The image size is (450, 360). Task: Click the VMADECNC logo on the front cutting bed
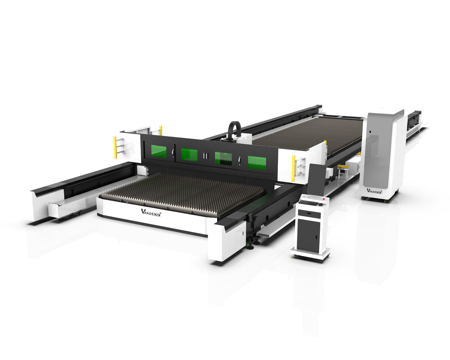(x=151, y=213)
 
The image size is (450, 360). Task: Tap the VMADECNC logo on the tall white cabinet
(x=374, y=191)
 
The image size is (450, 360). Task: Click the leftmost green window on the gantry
(x=159, y=151)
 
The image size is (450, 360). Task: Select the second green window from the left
(x=189, y=155)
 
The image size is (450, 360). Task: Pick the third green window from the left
(x=223, y=158)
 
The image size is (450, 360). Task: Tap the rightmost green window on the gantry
(x=257, y=162)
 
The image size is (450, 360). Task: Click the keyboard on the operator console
(x=309, y=203)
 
